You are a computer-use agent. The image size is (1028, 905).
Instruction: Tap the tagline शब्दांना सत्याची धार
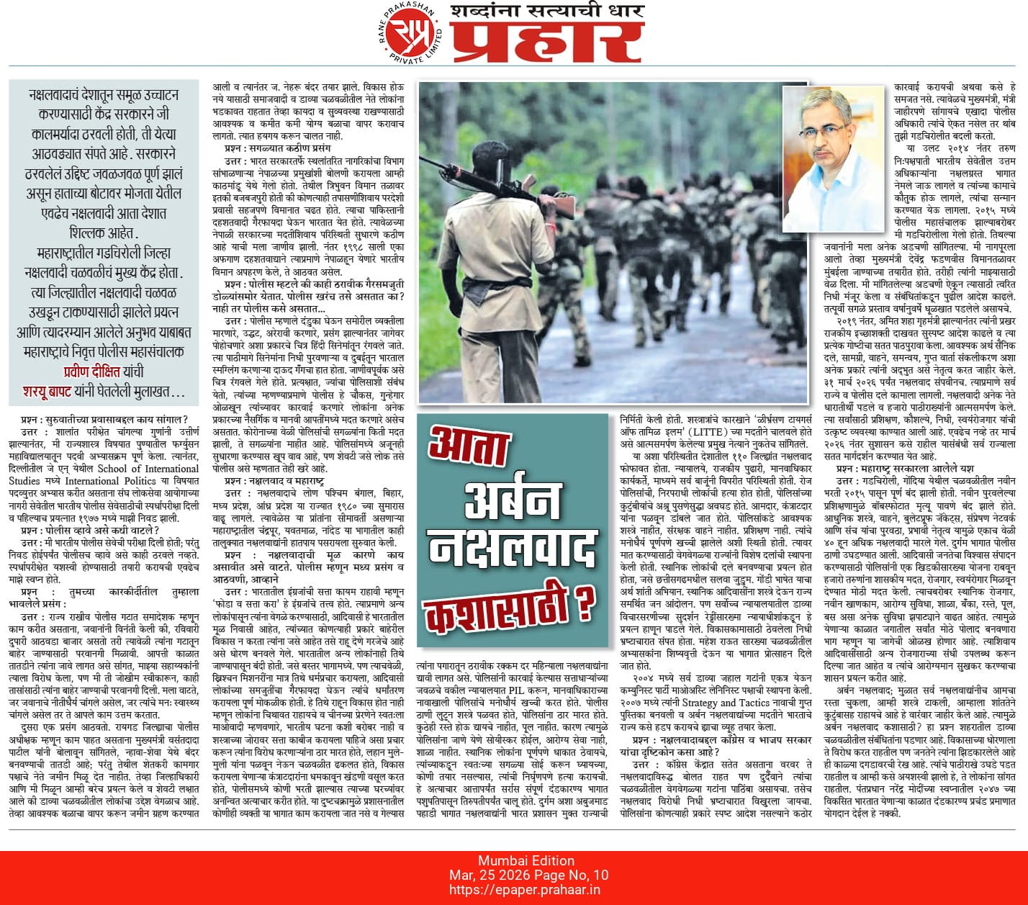[x=546, y=12]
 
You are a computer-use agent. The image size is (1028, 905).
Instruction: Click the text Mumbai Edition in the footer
[x=526, y=860]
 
